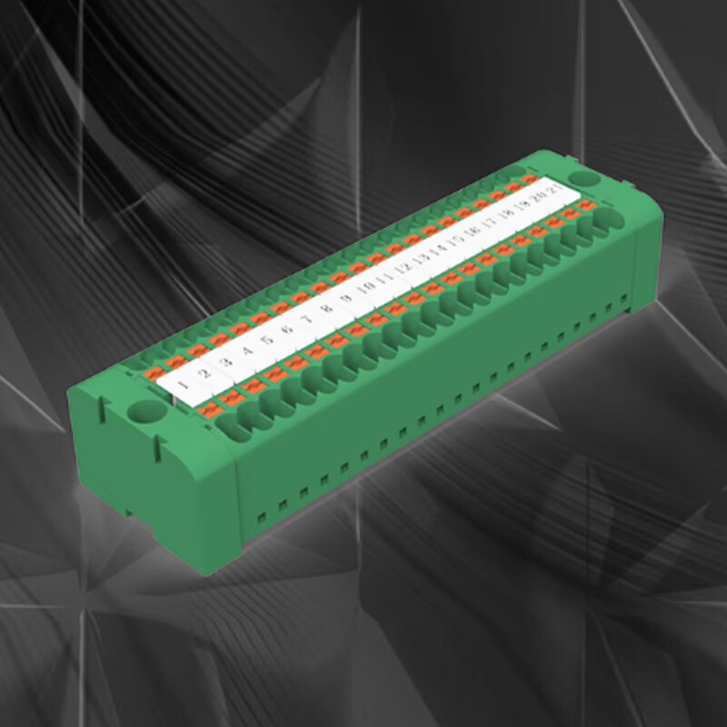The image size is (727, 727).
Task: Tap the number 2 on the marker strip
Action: click(204, 373)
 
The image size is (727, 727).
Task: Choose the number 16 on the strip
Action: click(472, 234)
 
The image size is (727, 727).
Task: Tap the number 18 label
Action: click(507, 216)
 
